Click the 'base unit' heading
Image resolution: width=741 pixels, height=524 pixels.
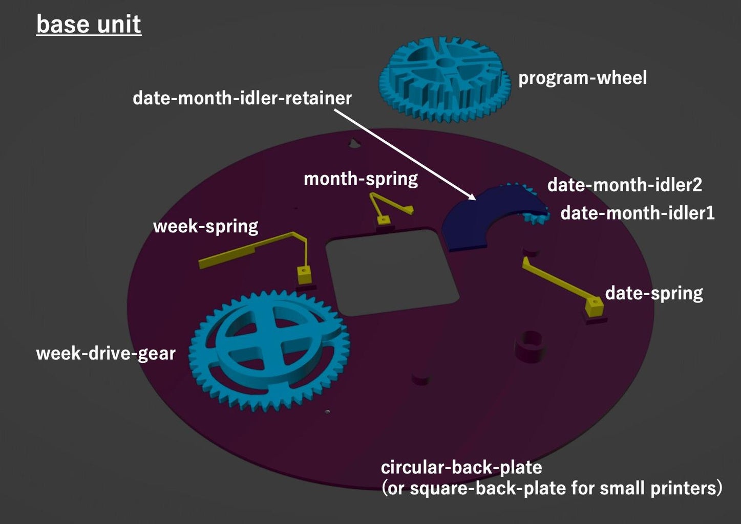89,24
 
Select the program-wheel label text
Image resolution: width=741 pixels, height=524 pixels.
582,78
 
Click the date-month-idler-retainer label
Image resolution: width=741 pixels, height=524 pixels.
242,98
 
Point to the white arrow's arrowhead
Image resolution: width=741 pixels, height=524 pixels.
472,196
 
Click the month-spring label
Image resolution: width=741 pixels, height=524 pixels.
361,179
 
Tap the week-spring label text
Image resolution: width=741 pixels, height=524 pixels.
205,226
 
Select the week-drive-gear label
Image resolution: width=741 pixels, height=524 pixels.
105,353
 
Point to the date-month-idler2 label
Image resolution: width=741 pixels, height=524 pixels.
624,185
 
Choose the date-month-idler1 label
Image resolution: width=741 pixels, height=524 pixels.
637,212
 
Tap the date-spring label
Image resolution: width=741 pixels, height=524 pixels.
653,293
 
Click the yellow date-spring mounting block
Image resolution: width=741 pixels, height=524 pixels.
594,307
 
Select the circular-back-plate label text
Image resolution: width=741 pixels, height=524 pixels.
461,467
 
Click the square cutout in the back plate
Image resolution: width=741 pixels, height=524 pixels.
392,271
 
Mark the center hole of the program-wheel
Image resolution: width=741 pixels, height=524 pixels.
445,62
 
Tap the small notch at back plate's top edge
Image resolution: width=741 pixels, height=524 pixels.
354,143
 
